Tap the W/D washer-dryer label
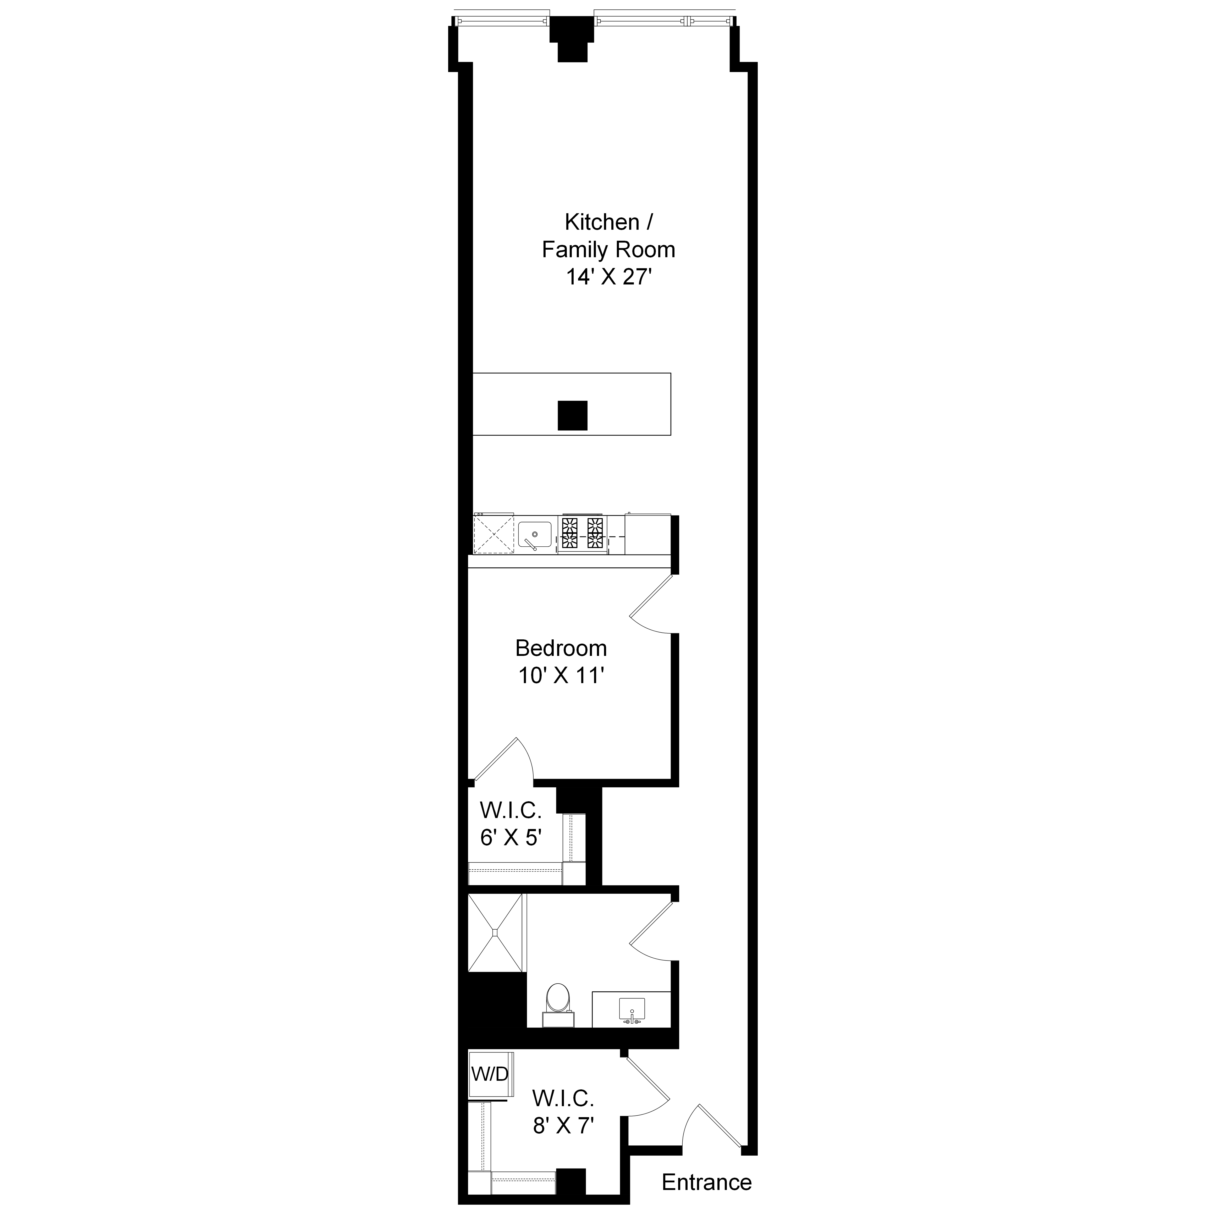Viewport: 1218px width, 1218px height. coord(490,1074)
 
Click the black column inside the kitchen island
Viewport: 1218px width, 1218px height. coord(572,415)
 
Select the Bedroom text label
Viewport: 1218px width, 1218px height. coord(561,648)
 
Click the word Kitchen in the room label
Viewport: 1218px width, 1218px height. coord(592,222)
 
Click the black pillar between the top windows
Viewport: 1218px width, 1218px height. coord(572,38)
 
